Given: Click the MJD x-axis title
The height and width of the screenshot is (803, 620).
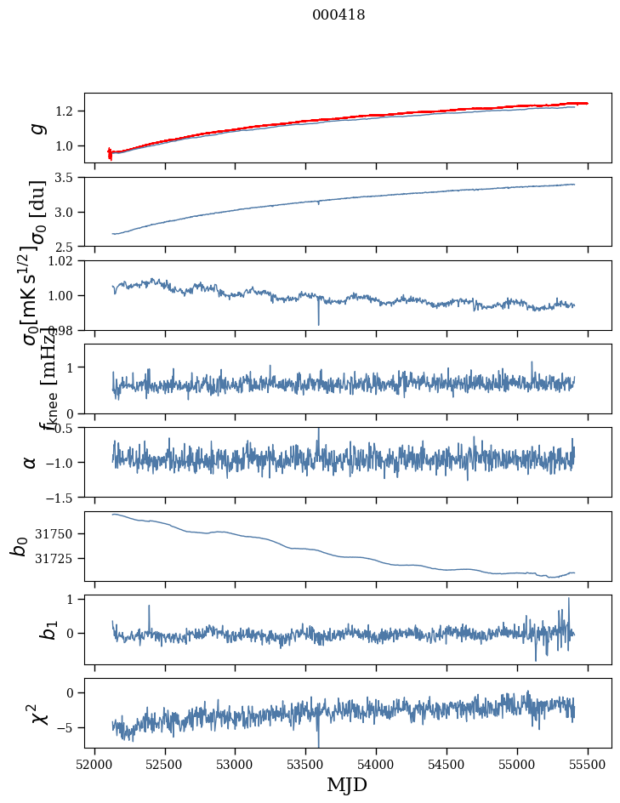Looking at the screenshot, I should [x=347, y=785].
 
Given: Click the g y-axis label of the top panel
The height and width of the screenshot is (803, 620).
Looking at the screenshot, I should [x=36, y=128].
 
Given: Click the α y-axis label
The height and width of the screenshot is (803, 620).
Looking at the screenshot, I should [x=31, y=462].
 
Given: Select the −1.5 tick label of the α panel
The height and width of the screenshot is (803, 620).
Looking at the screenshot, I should [x=60, y=497].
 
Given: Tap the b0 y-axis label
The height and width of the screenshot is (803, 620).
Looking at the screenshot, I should [x=20, y=546].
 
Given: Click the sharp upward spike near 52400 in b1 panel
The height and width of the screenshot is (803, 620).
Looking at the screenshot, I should [x=149, y=607].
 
